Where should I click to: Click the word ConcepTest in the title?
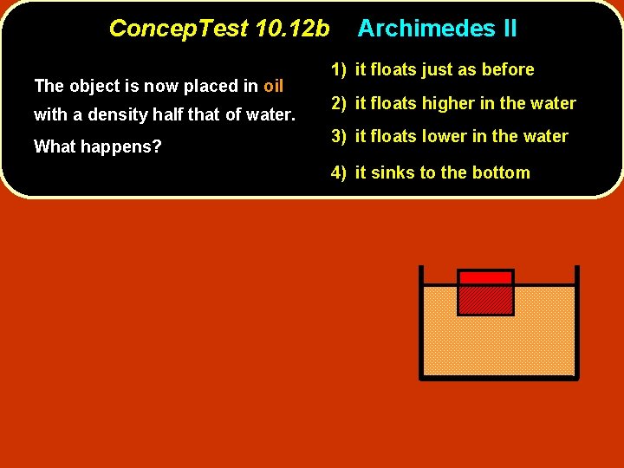coord(178,29)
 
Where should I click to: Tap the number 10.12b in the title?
coord(293,29)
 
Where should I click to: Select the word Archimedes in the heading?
coord(424,29)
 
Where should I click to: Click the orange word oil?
coord(273,86)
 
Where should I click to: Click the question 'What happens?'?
coord(97,146)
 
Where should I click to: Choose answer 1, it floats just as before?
coord(432,69)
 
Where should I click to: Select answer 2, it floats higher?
coord(452,103)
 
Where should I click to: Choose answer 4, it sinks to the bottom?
coord(430,172)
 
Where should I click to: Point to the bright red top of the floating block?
coord(485,277)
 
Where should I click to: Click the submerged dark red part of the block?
coord(485,300)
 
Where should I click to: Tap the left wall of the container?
coord(420,321)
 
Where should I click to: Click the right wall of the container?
coord(576,321)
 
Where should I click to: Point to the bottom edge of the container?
coord(498,377)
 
